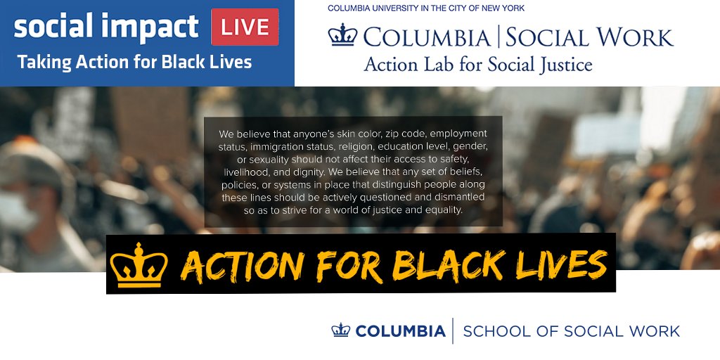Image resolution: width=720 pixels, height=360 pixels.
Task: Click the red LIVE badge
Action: tap(245, 27)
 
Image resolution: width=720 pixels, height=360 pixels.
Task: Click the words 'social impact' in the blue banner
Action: tap(106, 27)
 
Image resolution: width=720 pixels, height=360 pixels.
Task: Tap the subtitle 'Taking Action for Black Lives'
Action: tap(134, 62)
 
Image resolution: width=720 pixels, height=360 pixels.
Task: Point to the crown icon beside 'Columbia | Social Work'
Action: tap(343, 35)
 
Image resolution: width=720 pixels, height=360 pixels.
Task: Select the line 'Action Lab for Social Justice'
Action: tap(477, 65)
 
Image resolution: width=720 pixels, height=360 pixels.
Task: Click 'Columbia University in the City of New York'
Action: tap(426, 8)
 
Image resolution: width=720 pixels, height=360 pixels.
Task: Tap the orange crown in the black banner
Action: tap(139, 264)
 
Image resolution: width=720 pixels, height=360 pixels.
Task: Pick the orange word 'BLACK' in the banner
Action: tap(449, 265)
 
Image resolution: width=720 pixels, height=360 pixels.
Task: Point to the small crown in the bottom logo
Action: tap(341, 330)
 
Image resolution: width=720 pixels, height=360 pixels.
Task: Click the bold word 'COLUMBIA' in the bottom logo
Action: tap(400, 330)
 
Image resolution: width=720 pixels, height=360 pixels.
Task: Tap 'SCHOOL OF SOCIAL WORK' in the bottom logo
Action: tap(571, 330)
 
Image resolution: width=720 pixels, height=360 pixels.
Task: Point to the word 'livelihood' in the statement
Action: tap(247, 172)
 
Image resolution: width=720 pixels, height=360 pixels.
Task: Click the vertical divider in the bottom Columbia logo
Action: tap(453, 330)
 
